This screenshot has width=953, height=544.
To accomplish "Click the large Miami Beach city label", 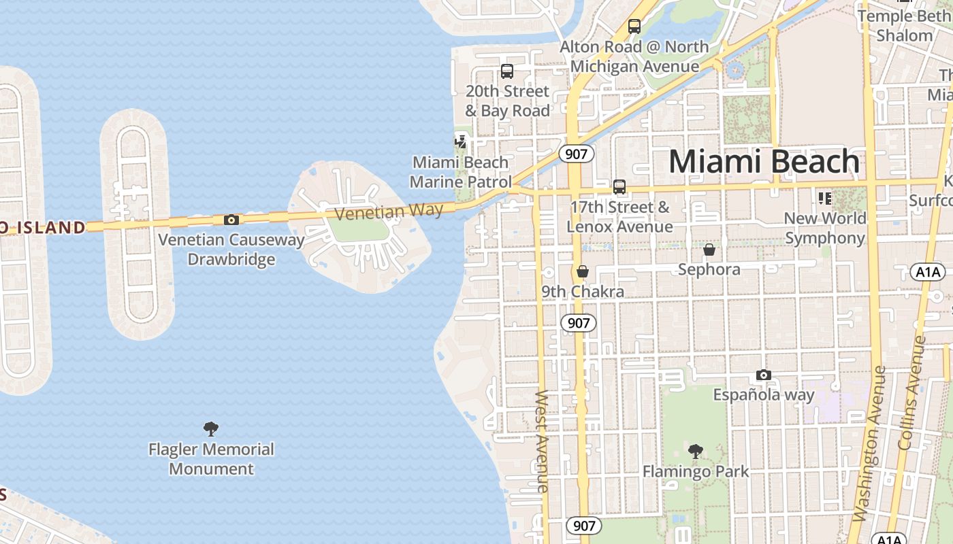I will pos(764,162).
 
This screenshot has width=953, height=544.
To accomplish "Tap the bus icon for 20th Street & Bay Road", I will pos(506,71).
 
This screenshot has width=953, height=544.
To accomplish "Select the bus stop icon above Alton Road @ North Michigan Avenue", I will pos(634,27).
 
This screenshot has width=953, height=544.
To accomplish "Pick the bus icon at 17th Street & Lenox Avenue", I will pos(619,187).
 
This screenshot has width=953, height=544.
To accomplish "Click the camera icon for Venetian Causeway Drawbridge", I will pos(231,220).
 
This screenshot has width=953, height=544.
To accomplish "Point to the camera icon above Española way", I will pos(764,375).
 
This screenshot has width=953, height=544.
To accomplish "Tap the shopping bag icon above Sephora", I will pos(709,250).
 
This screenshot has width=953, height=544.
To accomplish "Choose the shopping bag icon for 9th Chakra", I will pos(582,272).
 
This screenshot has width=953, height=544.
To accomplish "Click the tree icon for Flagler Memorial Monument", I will pos(211,429).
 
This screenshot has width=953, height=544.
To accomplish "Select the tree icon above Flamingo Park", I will pos(695,451).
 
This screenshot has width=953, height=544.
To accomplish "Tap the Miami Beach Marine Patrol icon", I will pos(462,141).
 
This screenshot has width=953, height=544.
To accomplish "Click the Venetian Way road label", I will pos(389,211).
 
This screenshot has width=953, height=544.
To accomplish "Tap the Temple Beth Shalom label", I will pos(904,25).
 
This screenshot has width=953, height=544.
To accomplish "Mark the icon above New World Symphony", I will pos(825,199).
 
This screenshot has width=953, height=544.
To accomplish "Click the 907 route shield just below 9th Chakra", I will pos(579,322).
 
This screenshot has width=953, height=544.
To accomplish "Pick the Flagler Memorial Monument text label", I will pos(211,459).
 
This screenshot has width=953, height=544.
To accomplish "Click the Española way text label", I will pos(764,394).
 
